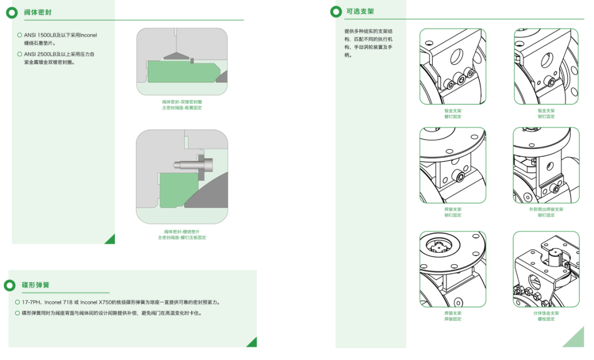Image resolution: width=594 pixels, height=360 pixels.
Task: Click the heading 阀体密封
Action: [38, 12]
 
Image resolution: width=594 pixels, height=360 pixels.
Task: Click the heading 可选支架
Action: [360, 11]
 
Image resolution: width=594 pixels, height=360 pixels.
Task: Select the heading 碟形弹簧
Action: [35, 285]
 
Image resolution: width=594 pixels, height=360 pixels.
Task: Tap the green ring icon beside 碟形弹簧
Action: [10, 285]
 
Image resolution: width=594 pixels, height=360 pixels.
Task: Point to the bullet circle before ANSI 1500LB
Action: [20, 35]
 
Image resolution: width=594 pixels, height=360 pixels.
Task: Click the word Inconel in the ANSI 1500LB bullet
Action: [88, 35]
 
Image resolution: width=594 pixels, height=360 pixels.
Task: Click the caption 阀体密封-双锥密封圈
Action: [182, 102]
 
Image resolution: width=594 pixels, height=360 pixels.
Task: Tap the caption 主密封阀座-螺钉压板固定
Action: [182, 237]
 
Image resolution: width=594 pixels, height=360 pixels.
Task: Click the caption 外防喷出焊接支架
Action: [546, 209]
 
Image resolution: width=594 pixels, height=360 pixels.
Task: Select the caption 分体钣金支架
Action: [546, 313]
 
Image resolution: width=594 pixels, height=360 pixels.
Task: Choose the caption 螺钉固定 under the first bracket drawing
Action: [453, 117]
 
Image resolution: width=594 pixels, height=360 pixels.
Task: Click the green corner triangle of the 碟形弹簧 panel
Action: [252, 342]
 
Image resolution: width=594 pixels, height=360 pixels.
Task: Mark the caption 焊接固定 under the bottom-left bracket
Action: [453, 319]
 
